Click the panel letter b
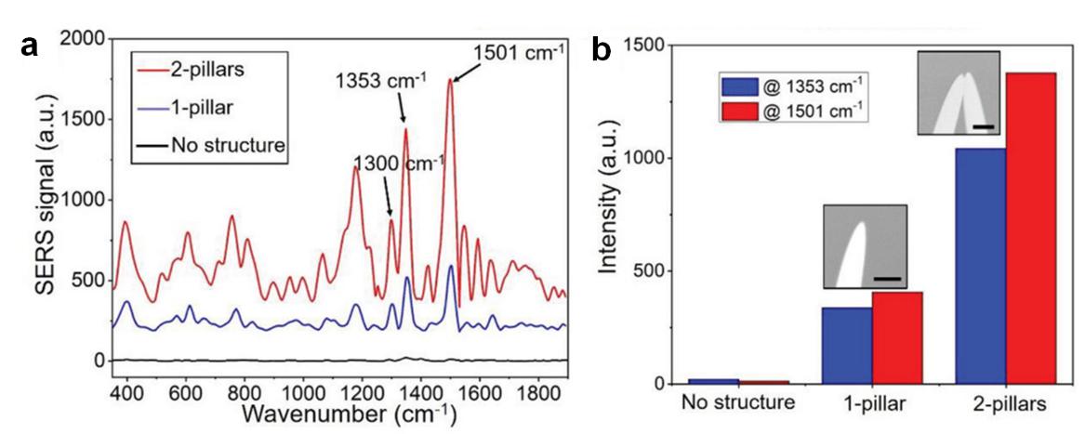[602, 51]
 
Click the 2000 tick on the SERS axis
[85, 39]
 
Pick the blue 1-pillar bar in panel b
[846, 346]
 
